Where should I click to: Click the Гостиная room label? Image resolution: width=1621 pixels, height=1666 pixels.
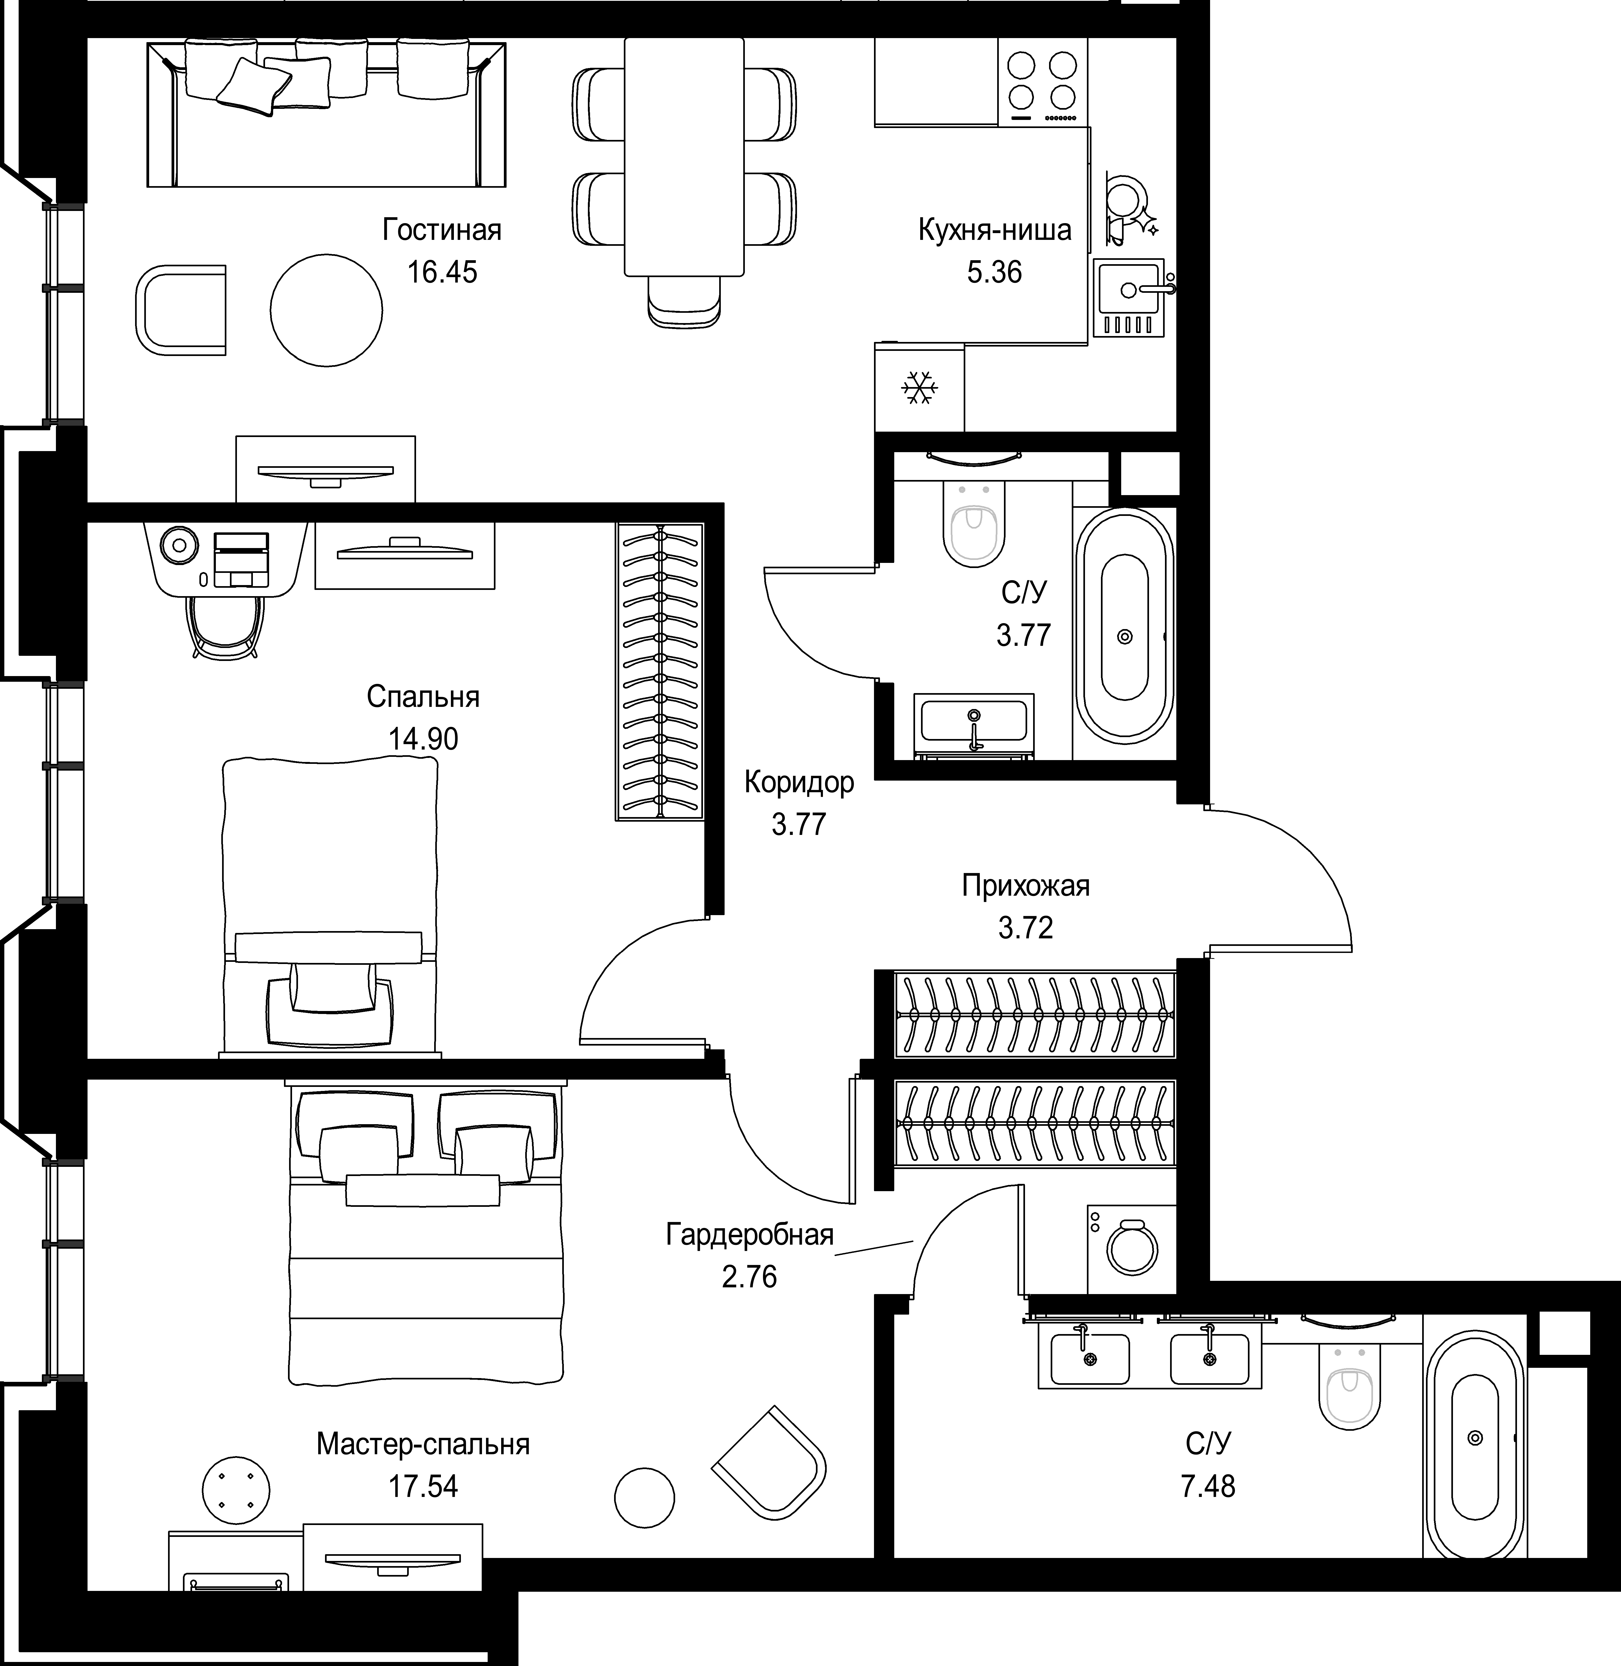click(x=442, y=230)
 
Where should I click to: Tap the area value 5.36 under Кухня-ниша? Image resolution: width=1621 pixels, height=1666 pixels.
click(x=994, y=273)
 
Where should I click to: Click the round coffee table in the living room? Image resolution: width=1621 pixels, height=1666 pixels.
click(x=326, y=310)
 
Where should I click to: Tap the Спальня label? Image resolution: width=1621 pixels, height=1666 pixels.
click(x=423, y=697)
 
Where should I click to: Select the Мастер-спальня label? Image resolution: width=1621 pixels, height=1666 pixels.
click(x=423, y=1445)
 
